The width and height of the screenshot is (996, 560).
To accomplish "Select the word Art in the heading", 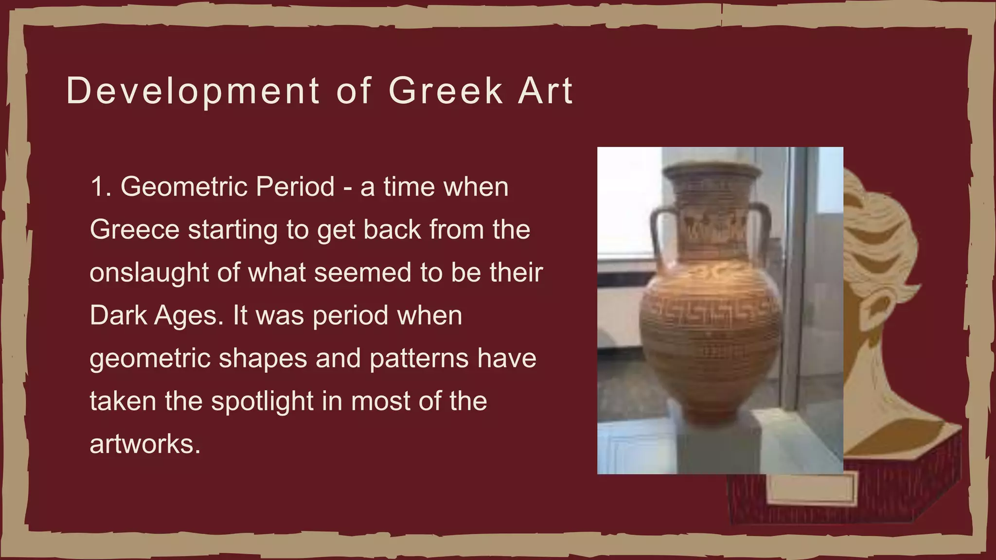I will tap(546, 91).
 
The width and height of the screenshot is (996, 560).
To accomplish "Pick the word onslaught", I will tap(149, 273).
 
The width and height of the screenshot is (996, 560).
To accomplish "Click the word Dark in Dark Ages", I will tap(118, 315).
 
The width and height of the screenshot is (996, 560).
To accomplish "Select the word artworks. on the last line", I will tap(145, 444).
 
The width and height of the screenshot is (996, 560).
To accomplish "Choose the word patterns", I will tap(419, 359).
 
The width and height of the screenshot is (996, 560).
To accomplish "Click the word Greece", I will tap(135, 230).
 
